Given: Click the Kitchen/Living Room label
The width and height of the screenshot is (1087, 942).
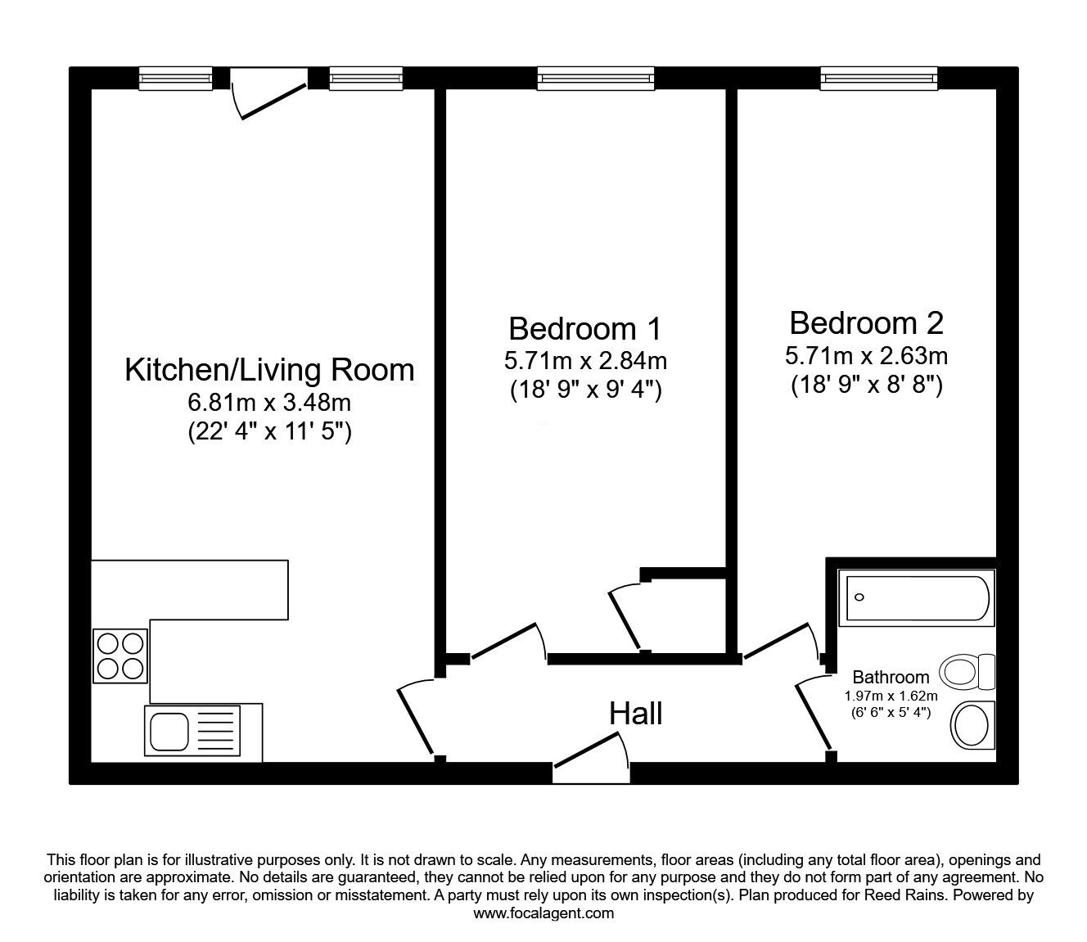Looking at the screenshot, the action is pyautogui.click(x=269, y=370).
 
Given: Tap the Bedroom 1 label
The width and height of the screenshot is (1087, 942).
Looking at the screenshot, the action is pyautogui.click(x=584, y=329).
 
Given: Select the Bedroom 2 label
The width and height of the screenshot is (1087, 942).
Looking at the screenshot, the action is pyautogui.click(x=866, y=323).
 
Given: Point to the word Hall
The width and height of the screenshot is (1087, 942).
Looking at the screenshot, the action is pyautogui.click(x=635, y=714).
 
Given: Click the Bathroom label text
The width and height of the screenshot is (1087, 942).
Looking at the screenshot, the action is pyautogui.click(x=891, y=677).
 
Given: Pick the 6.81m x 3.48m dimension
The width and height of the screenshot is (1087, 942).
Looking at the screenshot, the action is pyautogui.click(x=269, y=403).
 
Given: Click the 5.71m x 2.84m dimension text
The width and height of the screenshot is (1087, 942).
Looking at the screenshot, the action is pyautogui.click(x=585, y=361).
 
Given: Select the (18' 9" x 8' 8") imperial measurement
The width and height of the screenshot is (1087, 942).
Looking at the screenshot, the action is pyautogui.click(x=867, y=385).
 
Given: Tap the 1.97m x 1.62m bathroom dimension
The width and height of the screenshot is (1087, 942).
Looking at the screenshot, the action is pyautogui.click(x=891, y=696).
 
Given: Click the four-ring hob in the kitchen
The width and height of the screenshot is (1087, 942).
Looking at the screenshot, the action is pyautogui.click(x=120, y=656).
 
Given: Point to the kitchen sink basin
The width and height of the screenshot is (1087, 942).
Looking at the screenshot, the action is pyautogui.click(x=169, y=732).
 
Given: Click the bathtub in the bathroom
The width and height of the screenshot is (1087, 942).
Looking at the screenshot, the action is pyautogui.click(x=916, y=598).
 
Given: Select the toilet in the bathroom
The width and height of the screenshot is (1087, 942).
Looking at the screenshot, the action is pyautogui.click(x=967, y=672).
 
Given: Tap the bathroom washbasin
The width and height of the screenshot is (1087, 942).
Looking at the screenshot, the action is pyautogui.click(x=972, y=725).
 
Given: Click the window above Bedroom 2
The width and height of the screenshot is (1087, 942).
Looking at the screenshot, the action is pyautogui.click(x=879, y=79).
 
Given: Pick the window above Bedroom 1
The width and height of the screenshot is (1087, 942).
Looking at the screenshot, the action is pyautogui.click(x=595, y=79).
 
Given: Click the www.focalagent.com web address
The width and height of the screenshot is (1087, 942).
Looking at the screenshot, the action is pyautogui.click(x=543, y=913).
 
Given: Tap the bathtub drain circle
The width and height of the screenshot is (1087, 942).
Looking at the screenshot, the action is pyautogui.click(x=859, y=597).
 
